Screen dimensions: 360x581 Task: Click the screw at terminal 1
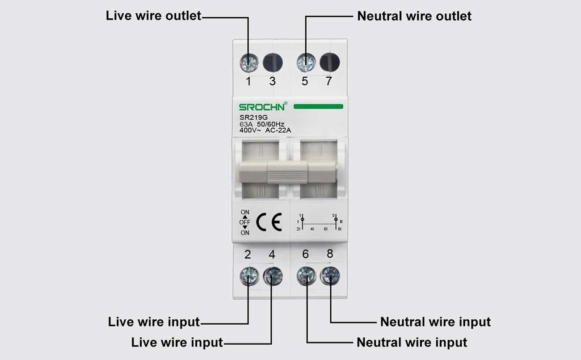[x=248, y=63]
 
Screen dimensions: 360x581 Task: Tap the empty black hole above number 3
[x=273, y=63]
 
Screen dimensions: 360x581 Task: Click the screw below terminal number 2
[x=248, y=276]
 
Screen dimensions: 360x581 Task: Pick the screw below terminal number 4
[x=273, y=276]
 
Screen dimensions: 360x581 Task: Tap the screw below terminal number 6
[x=306, y=276]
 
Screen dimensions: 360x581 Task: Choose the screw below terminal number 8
[x=330, y=276]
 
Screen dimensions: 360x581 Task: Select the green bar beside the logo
[x=318, y=107]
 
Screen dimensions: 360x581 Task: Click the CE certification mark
[x=269, y=222]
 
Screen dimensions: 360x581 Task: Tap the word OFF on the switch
[x=245, y=222]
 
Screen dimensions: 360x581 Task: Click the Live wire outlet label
[x=153, y=16]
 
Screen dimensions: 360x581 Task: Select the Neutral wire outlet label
[x=414, y=17]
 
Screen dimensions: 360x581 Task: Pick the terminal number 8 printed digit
[x=330, y=254]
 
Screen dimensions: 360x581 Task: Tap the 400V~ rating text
[x=250, y=130]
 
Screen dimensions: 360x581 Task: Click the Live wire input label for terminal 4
[x=177, y=343]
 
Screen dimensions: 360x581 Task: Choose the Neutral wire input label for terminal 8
[x=435, y=322]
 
